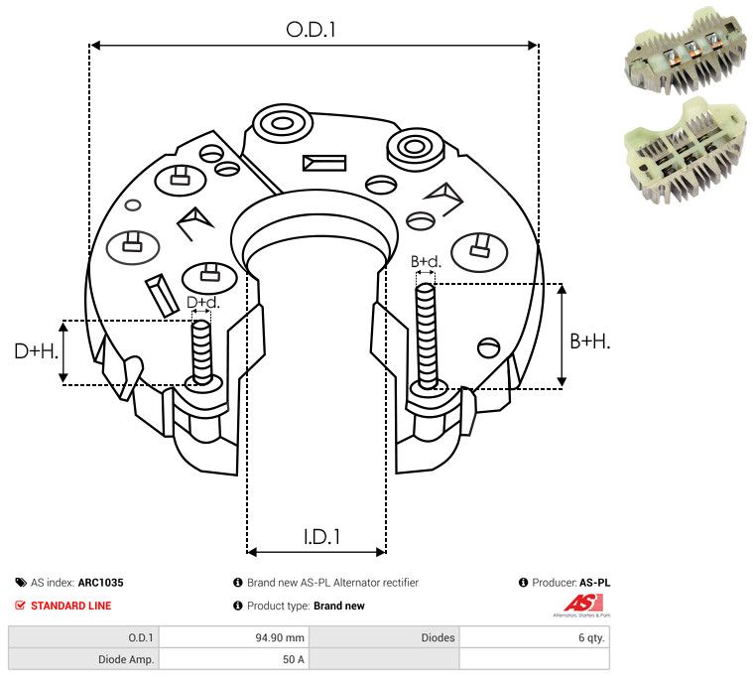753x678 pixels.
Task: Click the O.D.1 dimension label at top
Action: click(x=312, y=30)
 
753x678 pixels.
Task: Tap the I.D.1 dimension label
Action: click(x=321, y=537)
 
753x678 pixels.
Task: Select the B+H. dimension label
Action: click(x=589, y=340)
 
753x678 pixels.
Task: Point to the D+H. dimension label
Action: click(x=37, y=350)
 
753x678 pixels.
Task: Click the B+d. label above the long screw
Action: click(x=426, y=262)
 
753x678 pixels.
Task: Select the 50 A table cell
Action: click(x=294, y=659)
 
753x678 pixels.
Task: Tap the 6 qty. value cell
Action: click(x=590, y=638)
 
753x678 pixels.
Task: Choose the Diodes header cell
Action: click(x=438, y=638)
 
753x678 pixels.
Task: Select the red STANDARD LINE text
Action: click(x=70, y=606)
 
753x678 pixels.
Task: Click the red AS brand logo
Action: click(x=577, y=603)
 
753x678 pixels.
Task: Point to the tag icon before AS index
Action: click(x=21, y=584)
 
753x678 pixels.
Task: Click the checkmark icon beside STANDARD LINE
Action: click(x=21, y=606)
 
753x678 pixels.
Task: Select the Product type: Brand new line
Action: click(x=306, y=606)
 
